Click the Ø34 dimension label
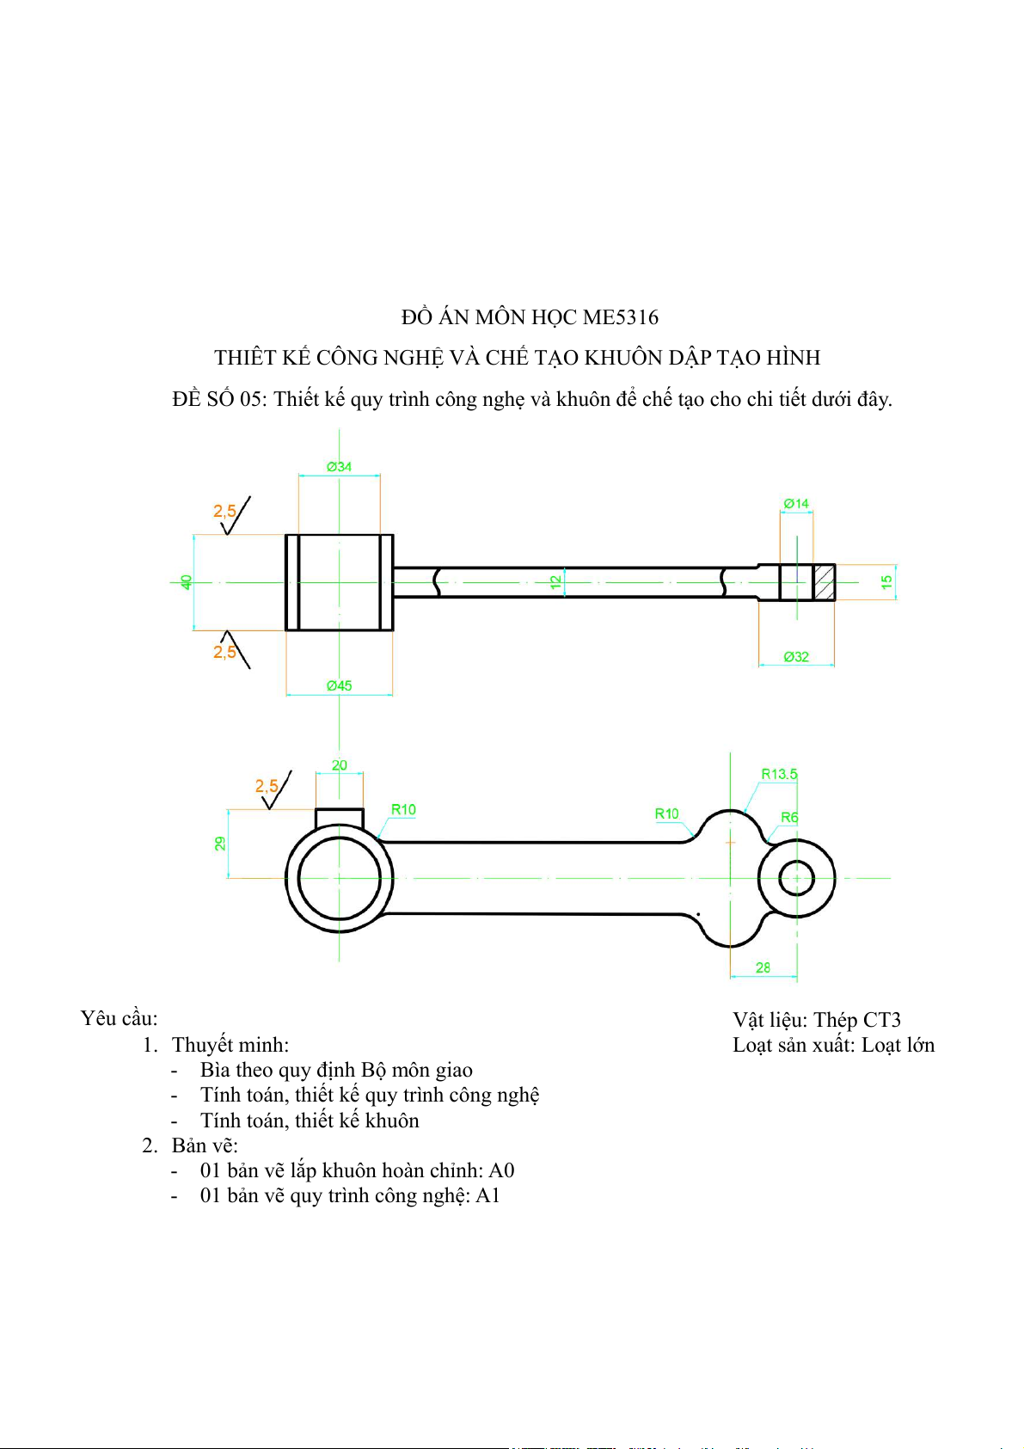(x=339, y=466)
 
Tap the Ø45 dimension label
(x=339, y=685)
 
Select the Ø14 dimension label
(x=796, y=503)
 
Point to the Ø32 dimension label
(x=796, y=656)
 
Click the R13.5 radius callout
(x=779, y=774)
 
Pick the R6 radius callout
(x=789, y=817)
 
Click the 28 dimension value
(x=763, y=967)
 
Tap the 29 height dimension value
(x=220, y=844)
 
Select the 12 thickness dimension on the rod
(x=556, y=582)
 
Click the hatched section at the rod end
(x=825, y=582)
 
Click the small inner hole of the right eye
(x=796, y=878)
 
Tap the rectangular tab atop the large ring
(x=340, y=818)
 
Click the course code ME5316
(x=621, y=317)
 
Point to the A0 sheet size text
(x=501, y=1170)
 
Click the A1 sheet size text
(x=487, y=1195)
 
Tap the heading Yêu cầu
(x=119, y=1018)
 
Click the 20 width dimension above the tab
(x=340, y=764)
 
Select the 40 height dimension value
(x=187, y=582)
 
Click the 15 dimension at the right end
(x=886, y=582)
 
